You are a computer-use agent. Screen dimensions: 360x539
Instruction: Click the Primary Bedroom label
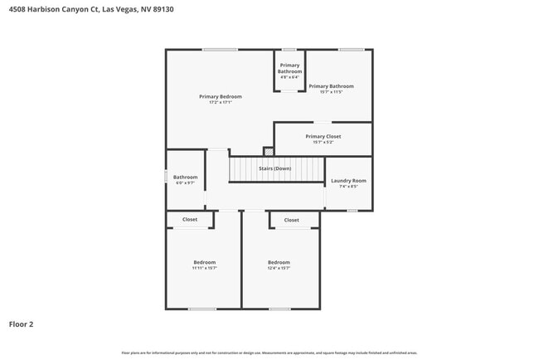(221, 96)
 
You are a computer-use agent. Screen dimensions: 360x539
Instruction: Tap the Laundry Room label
(348, 180)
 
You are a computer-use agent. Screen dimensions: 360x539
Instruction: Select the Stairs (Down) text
(274, 168)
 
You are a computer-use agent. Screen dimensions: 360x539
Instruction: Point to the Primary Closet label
(323, 136)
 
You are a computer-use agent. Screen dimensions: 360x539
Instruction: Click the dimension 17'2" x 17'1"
(221, 103)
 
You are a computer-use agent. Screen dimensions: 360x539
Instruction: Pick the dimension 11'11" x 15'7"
(204, 268)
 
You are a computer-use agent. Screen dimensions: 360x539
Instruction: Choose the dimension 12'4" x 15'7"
(279, 268)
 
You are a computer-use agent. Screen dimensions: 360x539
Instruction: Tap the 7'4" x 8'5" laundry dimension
(348, 187)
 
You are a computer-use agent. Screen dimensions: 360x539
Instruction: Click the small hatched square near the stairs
(268, 151)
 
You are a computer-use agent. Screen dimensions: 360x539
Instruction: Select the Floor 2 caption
(22, 324)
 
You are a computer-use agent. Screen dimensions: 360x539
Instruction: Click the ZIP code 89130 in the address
(165, 9)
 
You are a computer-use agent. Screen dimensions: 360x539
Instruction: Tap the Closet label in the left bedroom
(190, 220)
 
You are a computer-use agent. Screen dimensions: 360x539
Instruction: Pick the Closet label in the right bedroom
(291, 220)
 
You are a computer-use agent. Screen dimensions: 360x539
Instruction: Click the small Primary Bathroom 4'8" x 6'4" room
(289, 71)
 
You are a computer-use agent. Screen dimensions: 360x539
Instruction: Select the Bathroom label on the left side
(185, 177)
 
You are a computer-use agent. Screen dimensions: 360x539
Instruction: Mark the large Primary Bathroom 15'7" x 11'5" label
(331, 86)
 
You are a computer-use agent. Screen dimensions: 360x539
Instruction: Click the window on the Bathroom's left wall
(166, 177)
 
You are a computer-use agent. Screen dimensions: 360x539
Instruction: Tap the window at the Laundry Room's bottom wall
(352, 211)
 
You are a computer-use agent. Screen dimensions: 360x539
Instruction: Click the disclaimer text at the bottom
(269, 353)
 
